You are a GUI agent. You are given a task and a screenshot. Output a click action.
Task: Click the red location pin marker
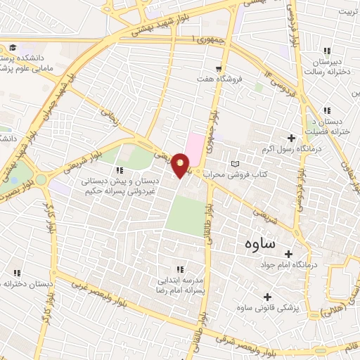pyautogui.click(x=181, y=165)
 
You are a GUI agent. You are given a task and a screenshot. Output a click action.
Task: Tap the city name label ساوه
pyautogui.click(x=259, y=244)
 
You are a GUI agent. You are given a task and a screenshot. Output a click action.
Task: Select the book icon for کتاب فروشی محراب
pyautogui.click(x=235, y=163)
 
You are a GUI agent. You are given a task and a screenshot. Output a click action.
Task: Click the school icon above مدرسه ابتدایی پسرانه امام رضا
pyautogui.click(x=180, y=269)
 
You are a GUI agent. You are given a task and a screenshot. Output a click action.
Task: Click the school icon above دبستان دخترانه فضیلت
pyautogui.click(x=326, y=110)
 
